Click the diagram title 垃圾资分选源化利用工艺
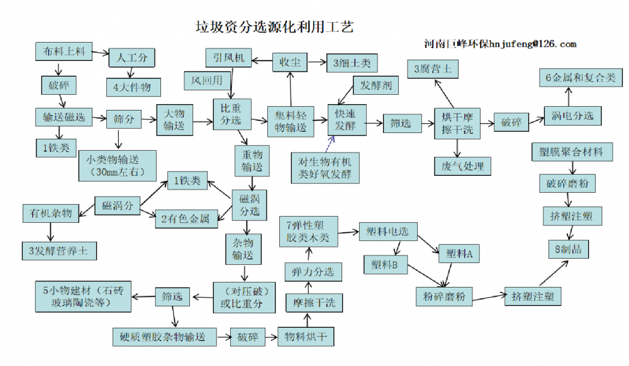(x=275, y=28)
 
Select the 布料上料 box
(x=64, y=52)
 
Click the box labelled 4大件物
(x=132, y=87)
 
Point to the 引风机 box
(x=228, y=58)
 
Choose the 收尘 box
(x=289, y=62)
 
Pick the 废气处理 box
(x=459, y=166)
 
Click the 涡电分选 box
(x=572, y=116)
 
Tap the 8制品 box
(x=569, y=249)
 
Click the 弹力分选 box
(x=313, y=272)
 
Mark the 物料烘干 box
(x=306, y=336)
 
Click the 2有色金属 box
(x=186, y=219)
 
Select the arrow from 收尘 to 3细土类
(x=315, y=62)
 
